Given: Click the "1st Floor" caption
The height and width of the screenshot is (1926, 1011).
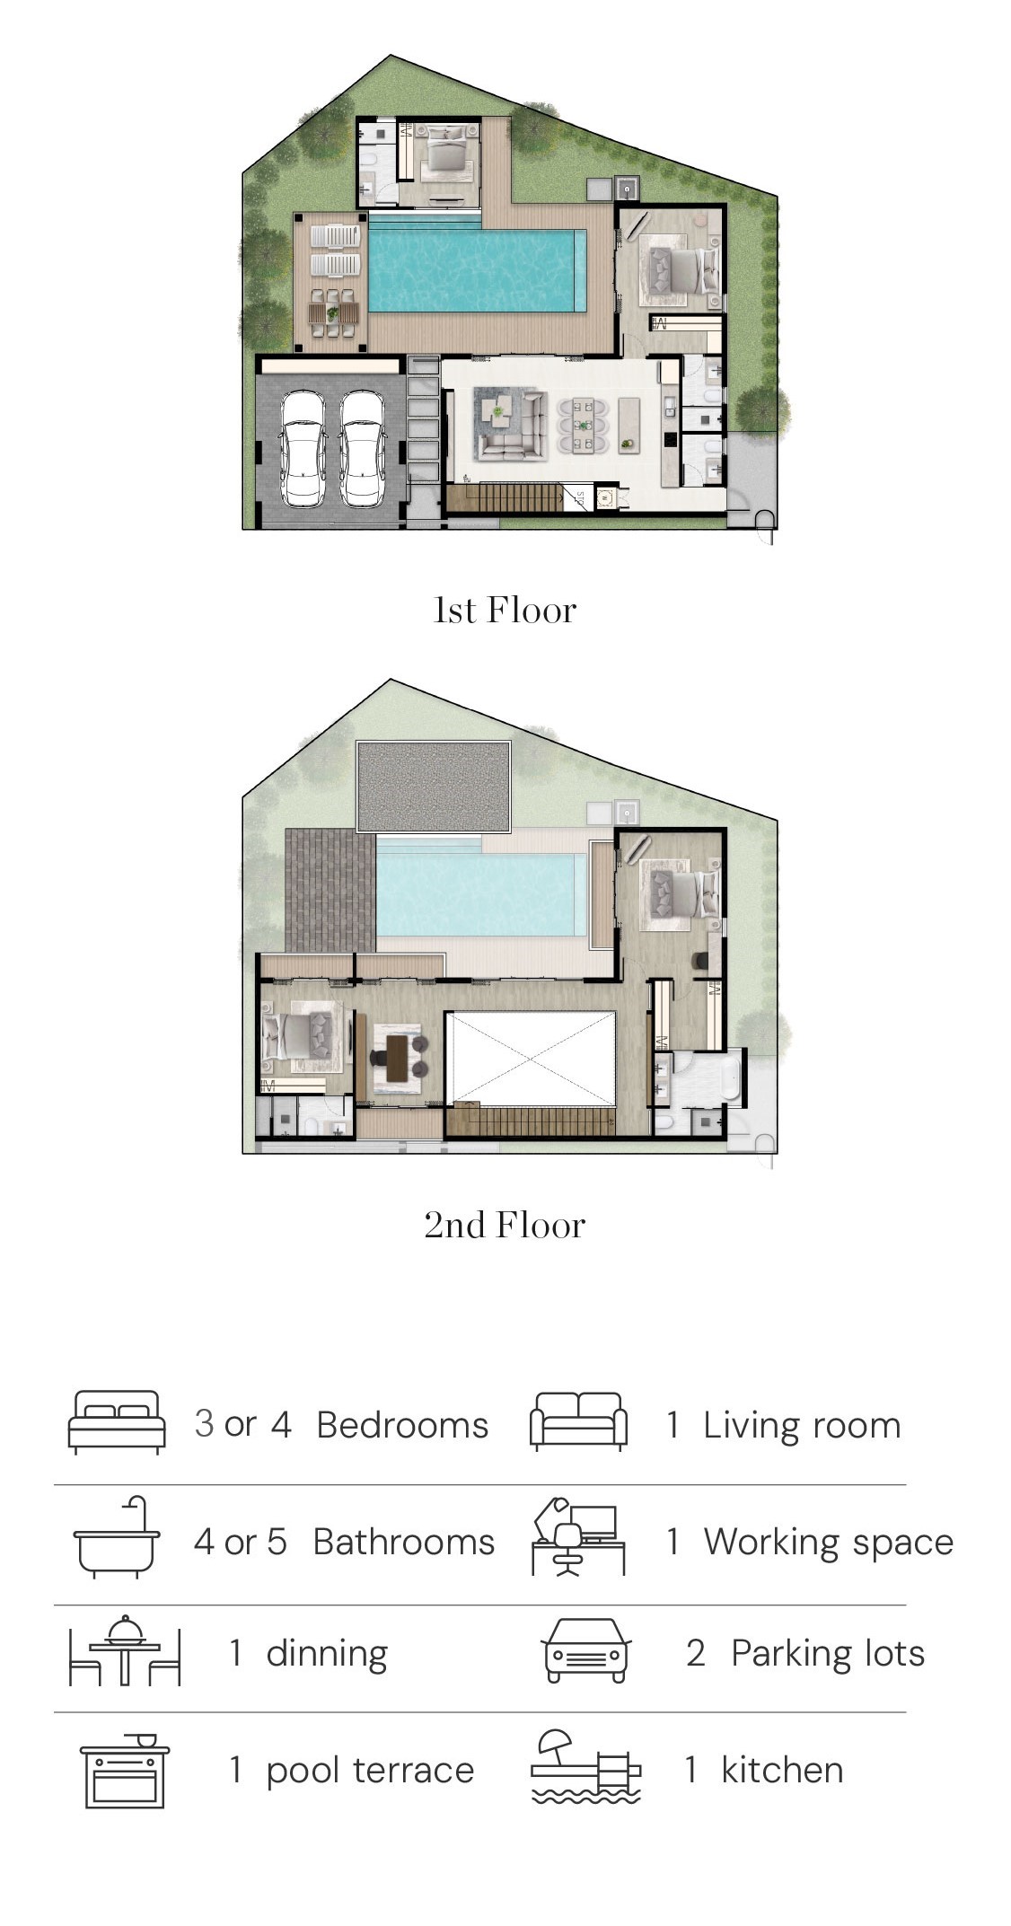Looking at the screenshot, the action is (x=505, y=611).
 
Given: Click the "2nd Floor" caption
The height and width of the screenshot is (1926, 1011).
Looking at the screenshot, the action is (x=505, y=1225).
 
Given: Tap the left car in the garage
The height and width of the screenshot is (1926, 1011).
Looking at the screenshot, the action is (x=303, y=449).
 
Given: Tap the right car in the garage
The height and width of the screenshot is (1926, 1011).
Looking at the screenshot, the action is (x=363, y=449).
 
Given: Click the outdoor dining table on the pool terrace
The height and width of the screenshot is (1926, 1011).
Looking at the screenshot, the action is (x=333, y=313).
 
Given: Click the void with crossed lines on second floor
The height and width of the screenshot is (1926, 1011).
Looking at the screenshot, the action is (x=531, y=1058).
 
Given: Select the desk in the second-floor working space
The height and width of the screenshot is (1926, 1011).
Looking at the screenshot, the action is (x=397, y=1059).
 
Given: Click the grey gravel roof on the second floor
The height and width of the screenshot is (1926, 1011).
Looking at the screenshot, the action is (x=434, y=787).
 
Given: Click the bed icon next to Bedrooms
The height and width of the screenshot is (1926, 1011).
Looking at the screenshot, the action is (x=117, y=1422).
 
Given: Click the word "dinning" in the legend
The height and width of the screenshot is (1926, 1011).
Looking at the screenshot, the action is (x=327, y=1653).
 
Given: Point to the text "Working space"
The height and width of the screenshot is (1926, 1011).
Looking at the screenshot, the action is (x=828, y=1543).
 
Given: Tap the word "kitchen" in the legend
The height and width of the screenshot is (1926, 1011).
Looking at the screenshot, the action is (x=782, y=1770).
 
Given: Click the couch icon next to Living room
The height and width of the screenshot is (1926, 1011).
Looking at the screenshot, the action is (x=578, y=1422).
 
